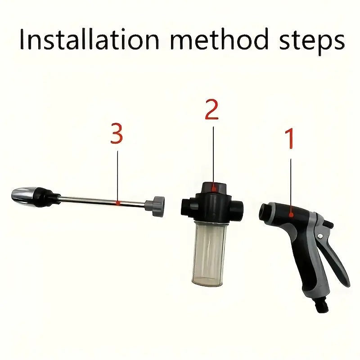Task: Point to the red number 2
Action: click(211, 110)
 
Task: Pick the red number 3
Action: click(117, 134)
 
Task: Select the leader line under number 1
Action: click(291, 184)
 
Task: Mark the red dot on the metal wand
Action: click(117, 203)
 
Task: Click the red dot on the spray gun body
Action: click(292, 215)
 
